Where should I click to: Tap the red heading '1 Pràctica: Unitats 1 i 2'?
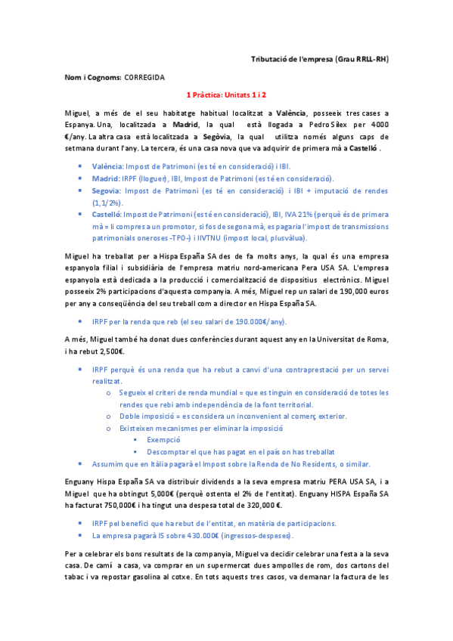click(226, 95)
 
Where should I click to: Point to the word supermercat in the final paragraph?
click(217, 566)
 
